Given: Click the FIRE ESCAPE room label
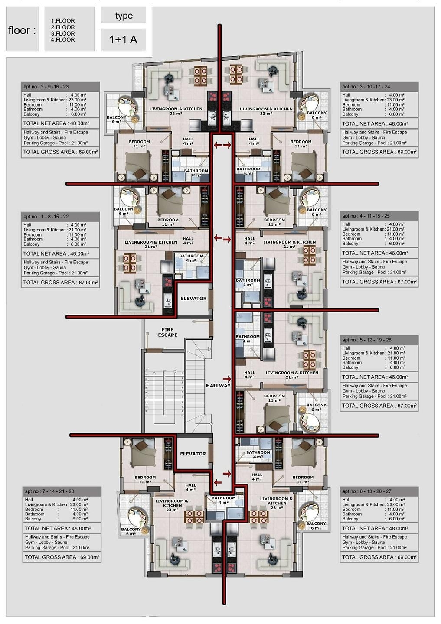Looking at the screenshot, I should [x=167, y=332].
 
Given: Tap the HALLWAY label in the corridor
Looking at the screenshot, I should [x=218, y=385].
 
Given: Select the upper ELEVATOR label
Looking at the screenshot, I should [x=193, y=299].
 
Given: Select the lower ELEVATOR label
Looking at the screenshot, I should [x=193, y=454].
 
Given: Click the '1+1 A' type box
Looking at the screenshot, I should [x=123, y=39].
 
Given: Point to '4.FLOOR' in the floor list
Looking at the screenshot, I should [x=63, y=40].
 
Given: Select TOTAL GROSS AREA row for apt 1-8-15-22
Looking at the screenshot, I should [x=60, y=283].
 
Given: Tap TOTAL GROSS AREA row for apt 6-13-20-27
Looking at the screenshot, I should [x=379, y=557].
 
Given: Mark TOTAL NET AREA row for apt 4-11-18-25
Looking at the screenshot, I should [x=379, y=253].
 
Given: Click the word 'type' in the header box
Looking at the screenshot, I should [x=124, y=16].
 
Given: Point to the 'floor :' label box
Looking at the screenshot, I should [x=22, y=30].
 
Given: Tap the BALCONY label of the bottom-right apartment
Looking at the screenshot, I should [x=316, y=523].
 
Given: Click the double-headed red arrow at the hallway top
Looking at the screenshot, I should [x=222, y=145].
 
